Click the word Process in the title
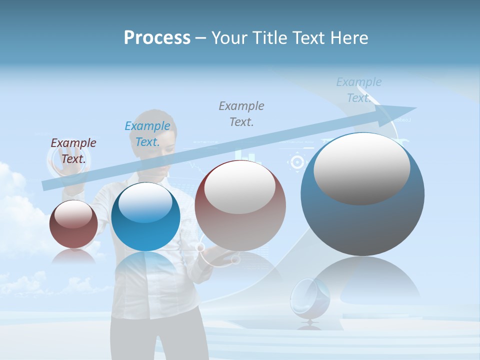157,38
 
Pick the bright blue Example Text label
147,134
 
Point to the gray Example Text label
241,113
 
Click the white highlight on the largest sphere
361,169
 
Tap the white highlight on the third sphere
239,187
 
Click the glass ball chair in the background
310,298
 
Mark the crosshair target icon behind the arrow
297,161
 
